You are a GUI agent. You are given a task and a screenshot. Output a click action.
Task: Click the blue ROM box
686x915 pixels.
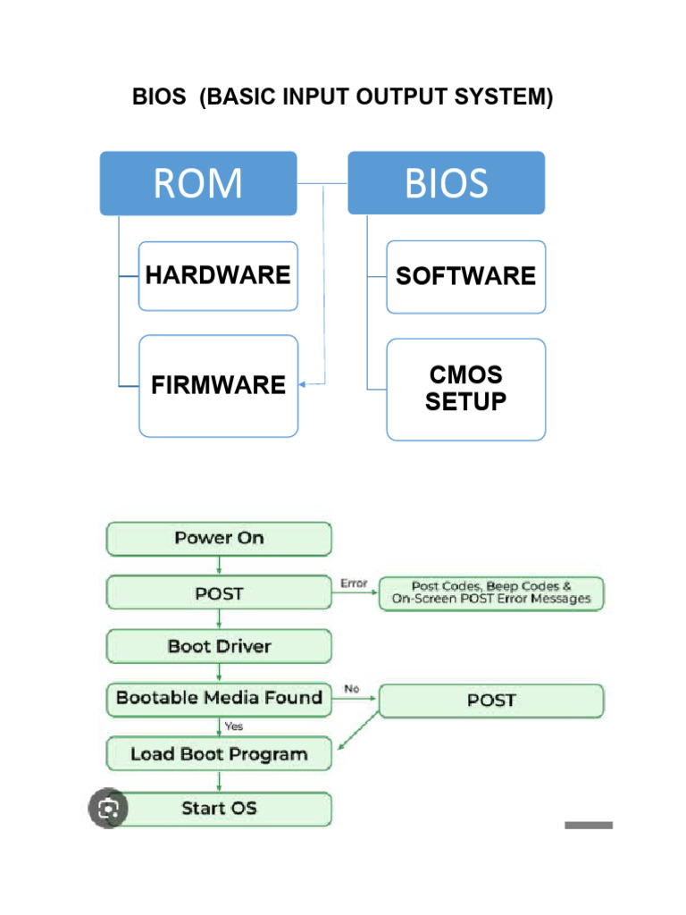[x=197, y=183]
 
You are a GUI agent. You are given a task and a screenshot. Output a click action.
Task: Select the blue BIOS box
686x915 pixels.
[x=446, y=183]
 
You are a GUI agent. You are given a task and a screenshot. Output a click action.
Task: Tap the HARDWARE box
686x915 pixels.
[x=218, y=276]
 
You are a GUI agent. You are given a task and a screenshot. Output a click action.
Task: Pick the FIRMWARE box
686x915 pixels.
[x=218, y=386]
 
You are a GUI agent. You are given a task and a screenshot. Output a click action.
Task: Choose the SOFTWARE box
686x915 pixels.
[x=465, y=277]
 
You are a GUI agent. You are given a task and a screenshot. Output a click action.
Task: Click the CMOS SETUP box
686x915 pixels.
[x=465, y=390]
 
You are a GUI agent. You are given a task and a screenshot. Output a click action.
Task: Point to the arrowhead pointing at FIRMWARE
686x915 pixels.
[x=302, y=384]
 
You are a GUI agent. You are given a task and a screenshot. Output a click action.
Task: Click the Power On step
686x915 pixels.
[x=219, y=539]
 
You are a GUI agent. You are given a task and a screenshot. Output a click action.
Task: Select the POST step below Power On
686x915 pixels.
[x=219, y=593]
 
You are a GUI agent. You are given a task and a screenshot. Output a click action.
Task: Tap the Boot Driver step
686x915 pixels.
[x=219, y=647]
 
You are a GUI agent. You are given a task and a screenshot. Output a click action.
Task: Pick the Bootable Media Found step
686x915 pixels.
[x=219, y=699]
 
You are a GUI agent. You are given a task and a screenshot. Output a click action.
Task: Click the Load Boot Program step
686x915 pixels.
[x=219, y=754]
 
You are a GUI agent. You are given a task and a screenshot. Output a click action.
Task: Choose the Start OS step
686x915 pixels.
[x=219, y=809]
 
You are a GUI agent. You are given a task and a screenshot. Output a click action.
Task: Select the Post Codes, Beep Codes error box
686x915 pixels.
[x=491, y=593]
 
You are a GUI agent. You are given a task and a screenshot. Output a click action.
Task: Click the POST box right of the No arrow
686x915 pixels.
[x=491, y=701]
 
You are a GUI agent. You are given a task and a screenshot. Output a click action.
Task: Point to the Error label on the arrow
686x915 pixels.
[x=354, y=583]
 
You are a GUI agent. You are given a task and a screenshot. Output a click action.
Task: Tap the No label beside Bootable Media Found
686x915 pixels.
[x=352, y=689]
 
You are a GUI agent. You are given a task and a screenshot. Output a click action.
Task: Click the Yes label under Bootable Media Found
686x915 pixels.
[x=233, y=726]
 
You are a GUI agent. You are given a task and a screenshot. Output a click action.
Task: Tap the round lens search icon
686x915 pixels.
[x=108, y=809]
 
